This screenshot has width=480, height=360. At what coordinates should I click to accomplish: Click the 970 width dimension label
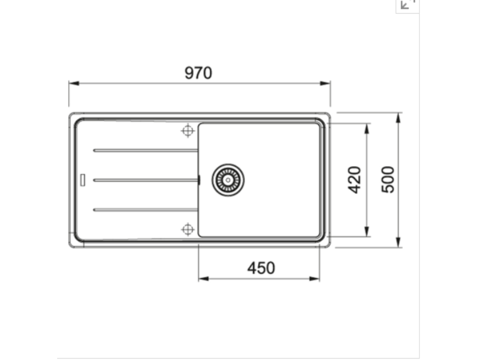coord(198,73)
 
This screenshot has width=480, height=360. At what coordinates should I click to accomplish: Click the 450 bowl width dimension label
coord(261,268)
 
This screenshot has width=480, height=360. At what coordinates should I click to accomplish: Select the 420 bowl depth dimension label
coord(355,180)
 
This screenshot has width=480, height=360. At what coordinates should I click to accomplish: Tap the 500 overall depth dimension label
coord(388,180)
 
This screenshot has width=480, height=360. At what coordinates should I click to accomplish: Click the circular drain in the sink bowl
coord(228,180)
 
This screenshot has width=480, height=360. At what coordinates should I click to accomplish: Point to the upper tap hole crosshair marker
coord(187,131)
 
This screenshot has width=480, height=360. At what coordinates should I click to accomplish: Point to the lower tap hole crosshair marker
coord(187,229)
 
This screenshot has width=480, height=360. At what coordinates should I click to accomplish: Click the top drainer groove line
coord(145,150)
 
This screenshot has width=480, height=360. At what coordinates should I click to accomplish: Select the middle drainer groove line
coord(145,180)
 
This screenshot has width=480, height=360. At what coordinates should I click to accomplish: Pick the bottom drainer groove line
coord(145,210)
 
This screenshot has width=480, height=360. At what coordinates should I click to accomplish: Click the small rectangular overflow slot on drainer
coord(83,180)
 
